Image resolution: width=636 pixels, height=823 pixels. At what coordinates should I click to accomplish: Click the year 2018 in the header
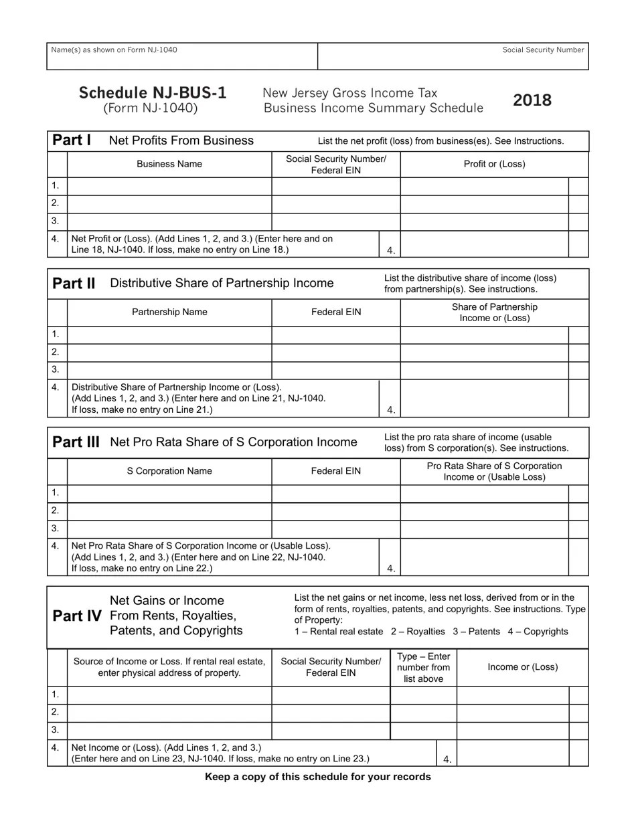(532, 100)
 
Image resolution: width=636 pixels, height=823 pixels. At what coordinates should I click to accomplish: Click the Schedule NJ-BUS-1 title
(153, 93)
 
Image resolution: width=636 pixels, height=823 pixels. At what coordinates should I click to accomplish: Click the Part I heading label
(72, 141)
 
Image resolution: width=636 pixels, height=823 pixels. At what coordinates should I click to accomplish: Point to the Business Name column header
(169, 164)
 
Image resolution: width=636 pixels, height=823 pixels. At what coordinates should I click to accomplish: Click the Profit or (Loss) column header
(494, 164)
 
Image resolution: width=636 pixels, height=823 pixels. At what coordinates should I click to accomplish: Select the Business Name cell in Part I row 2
(169, 203)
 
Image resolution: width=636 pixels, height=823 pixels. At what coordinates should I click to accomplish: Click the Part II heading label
(74, 283)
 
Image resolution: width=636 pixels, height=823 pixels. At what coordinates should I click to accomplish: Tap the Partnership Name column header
(169, 312)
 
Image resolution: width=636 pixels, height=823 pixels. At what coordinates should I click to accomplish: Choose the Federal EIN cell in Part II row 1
(335, 335)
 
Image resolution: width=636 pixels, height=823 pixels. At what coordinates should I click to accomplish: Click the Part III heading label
(76, 442)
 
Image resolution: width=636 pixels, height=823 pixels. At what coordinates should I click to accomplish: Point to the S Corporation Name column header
(169, 471)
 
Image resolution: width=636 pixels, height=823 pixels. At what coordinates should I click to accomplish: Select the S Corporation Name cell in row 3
(169, 529)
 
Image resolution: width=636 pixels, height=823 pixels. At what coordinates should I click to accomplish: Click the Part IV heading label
(77, 616)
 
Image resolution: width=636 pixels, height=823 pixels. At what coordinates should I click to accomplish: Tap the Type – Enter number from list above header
(423, 667)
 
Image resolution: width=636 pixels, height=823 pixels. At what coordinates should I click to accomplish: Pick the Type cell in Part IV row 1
(423, 695)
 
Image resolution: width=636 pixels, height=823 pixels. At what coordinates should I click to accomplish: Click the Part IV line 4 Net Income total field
(512, 753)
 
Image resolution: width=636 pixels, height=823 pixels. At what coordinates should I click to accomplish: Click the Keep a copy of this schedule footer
(317, 777)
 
